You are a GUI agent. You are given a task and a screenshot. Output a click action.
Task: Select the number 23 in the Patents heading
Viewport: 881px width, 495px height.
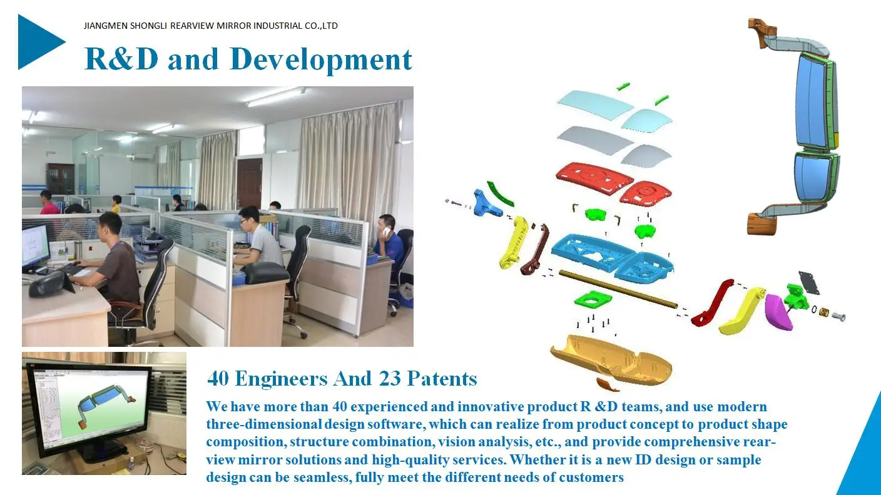click(x=390, y=378)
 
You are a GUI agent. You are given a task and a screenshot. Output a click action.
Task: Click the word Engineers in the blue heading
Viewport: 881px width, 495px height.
click(x=281, y=379)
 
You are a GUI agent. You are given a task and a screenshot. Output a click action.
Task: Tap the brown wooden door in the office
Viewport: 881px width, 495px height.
click(x=249, y=182)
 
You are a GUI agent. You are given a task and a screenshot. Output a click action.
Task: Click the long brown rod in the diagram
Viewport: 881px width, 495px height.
click(x=618, y=289)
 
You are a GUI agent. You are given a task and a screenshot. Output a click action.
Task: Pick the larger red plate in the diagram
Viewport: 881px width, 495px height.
click(x=594, y=179)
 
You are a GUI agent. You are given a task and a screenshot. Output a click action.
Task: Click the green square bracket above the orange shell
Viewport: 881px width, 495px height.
click(x=593, y=300)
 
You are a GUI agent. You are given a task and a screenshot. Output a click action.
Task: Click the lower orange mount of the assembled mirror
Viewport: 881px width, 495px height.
click(x=762, y=224)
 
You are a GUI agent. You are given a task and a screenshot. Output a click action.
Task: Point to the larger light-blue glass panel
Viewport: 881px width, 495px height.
click(x=595, y=104)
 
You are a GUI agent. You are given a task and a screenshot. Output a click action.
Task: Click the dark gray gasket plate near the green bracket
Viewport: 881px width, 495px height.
click(x=809, y=283)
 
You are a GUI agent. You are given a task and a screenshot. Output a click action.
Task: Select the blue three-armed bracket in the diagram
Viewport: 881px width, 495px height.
click(x=487, y=204)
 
